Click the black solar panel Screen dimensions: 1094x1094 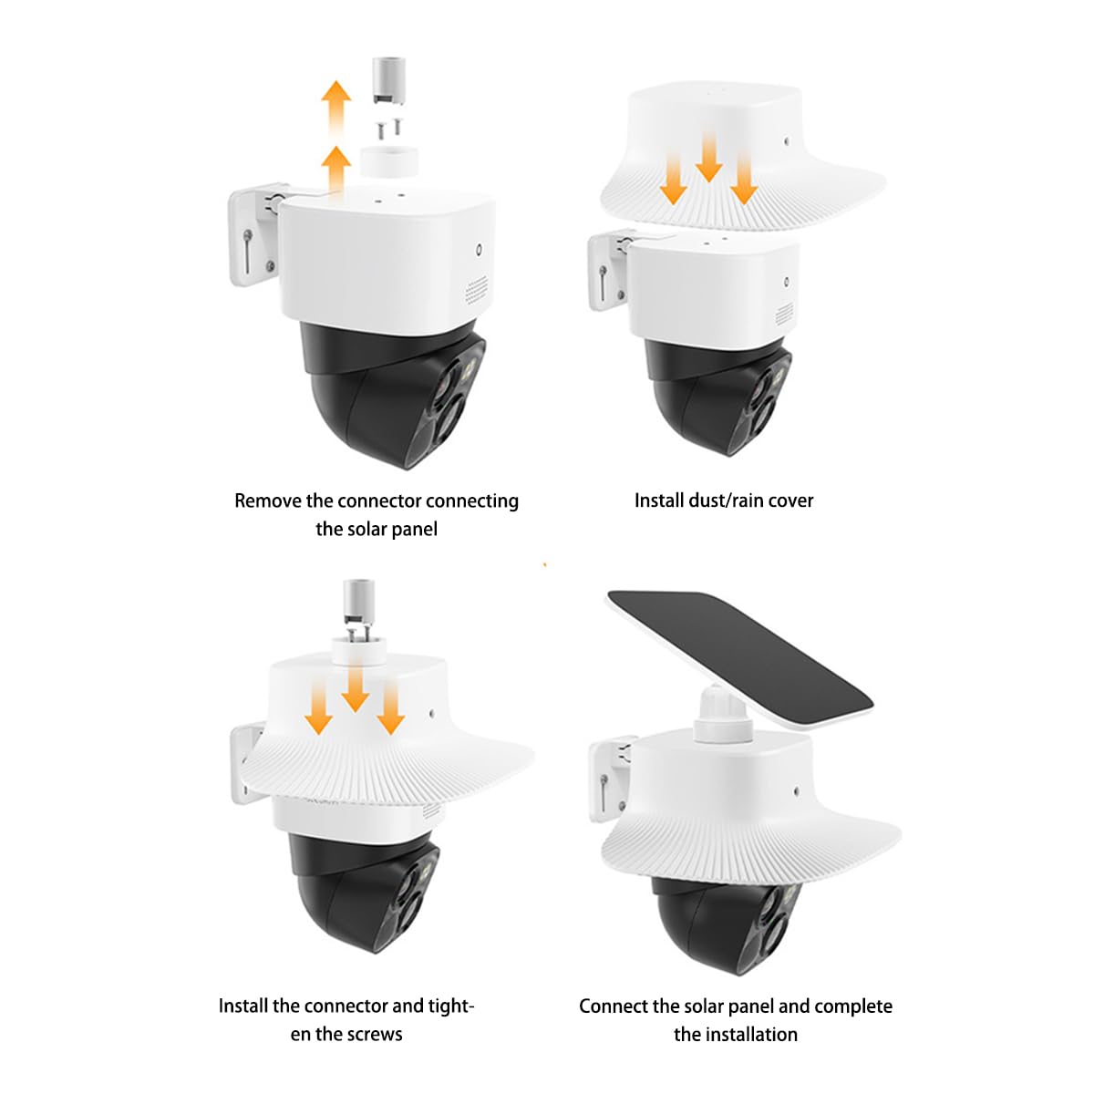click(738, 656)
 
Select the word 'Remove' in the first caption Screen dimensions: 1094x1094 click(267, 501)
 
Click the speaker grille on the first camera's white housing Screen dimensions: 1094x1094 click(476, 292)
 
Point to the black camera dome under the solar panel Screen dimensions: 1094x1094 click(720, 921)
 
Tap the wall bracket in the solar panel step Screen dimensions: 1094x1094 click(607, 779)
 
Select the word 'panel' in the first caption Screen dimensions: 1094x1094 click(416, 529)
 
